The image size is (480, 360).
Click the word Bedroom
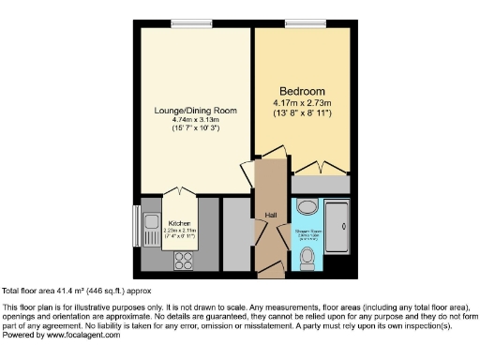coord(301,91)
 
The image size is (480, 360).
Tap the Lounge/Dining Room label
coord(195,111)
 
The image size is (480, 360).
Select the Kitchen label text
coord(179,223)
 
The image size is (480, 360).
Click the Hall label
coord(271,215)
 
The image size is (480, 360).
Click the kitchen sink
coord(152,223)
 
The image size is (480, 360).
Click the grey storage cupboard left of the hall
coord(237,232)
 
